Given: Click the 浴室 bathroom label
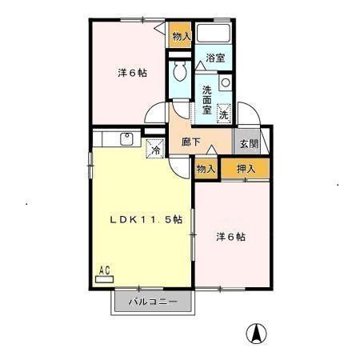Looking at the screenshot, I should point(214,58).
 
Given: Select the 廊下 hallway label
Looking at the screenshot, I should point(191,142).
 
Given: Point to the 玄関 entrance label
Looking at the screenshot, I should point(246,144).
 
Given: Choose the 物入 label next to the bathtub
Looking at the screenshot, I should point(182,36).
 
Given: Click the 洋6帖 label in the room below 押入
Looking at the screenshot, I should point(230,238).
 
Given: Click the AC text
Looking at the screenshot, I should point(103,270).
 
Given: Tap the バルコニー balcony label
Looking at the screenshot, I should point(154,302).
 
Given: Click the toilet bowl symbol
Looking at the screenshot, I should point(180,73).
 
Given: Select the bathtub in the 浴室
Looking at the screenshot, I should point(214,34).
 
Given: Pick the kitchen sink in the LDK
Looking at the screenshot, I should point(126,138).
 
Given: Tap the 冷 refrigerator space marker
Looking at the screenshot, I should point(154,148).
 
